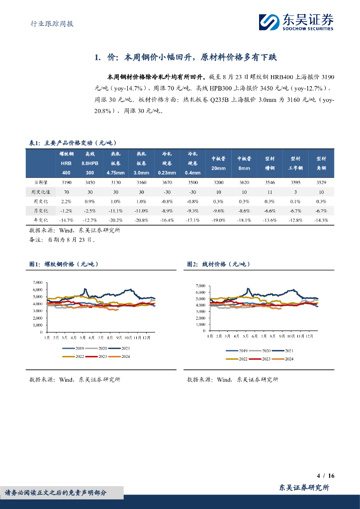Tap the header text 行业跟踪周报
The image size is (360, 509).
point(49,23)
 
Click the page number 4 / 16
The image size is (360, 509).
point(326,476)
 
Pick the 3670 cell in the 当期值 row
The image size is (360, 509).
point(167,182)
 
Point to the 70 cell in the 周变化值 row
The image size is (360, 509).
point(66,192)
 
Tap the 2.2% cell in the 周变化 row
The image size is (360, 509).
point(66,201)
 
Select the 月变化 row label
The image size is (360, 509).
point(40,211)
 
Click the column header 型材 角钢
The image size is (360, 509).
point(321,163)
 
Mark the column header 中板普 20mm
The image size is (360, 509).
point(218,164)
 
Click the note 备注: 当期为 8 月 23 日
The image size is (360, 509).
point(62,239)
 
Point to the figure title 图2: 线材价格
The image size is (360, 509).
point(218,264)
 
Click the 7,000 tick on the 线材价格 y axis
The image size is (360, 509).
point(200,286)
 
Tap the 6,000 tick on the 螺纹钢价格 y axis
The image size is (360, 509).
point(37,289)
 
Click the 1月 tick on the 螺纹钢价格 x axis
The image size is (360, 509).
point(46,338)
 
